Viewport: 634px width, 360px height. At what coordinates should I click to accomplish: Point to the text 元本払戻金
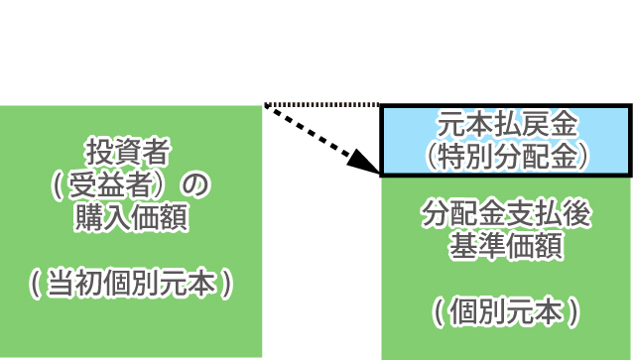click(506, 126)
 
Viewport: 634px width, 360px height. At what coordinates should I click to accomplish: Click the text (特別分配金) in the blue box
click(506, 155)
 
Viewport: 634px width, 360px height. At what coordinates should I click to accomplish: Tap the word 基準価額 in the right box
click(506, 245)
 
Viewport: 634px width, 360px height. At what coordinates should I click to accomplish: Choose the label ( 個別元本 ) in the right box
click(506, 311)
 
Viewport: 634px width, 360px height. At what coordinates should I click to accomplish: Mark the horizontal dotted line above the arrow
click(322, 104)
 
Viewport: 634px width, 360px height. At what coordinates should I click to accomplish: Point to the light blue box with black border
click(506, 140)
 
